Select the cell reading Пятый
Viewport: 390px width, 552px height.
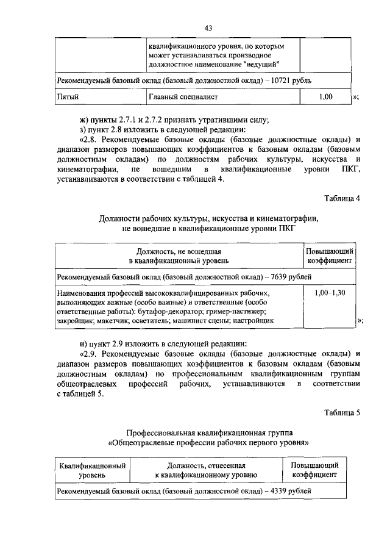tap(68, 96)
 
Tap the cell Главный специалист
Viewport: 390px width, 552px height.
tap(183, 96)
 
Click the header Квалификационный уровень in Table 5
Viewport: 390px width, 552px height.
tap(93, 469)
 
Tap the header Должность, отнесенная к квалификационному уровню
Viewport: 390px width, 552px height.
tap(205, 469)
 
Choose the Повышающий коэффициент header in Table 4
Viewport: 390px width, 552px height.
tap(331, 255)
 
